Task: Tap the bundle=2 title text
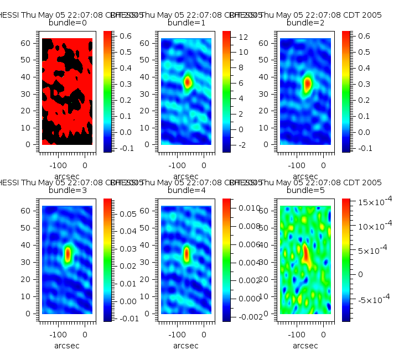coord(305,23)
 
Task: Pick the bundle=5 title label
coord(305,190)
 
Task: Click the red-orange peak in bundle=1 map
coord(188,82)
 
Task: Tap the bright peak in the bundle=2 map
coord(308,84)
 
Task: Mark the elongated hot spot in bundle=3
coord(68,254)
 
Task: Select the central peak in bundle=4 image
coord(187,254)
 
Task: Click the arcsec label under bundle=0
coord(68,176)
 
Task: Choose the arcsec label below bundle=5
coord(305,345)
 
